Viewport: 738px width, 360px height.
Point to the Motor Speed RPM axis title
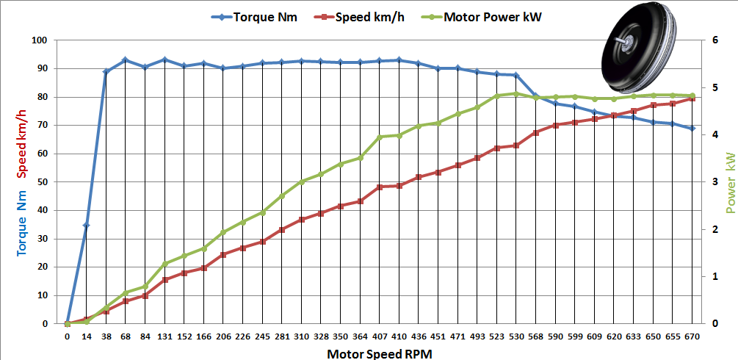[380, 353]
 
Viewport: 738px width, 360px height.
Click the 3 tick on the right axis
[706, 182]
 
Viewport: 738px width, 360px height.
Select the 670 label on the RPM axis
[692, 336]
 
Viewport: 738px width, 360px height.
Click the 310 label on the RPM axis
[301, 336]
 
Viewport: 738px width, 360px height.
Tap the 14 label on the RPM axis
[87, 336]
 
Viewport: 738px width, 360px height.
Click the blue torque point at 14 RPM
[87, 225]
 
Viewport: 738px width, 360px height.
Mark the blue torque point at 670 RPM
[692, 129]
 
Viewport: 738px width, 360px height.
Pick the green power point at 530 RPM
[515, 93]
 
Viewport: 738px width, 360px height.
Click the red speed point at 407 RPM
[380, 187]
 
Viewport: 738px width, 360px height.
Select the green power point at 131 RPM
[164, 263]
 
